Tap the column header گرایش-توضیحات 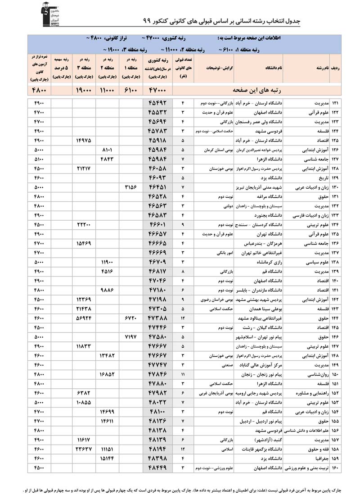216,68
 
